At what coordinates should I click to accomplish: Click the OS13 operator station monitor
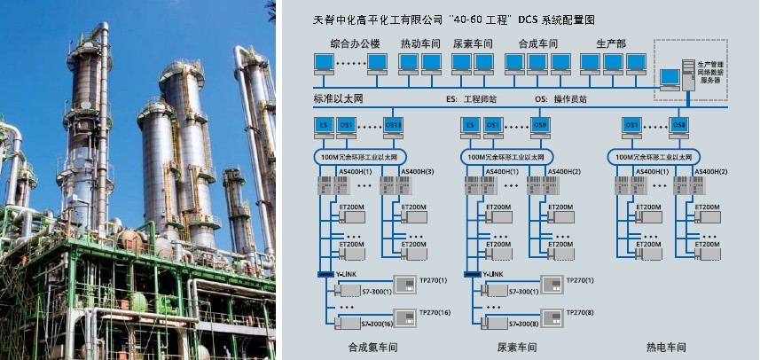click(394, 126)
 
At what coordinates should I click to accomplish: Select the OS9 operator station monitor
click(540, 126)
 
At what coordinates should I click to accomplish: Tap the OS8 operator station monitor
click(680, 126)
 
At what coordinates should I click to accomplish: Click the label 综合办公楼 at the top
click(354, 43)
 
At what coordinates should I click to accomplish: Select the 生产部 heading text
click(611, 43)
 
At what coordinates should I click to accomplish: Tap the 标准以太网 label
click(339, 98)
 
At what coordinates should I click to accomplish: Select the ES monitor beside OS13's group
click(325, 126)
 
